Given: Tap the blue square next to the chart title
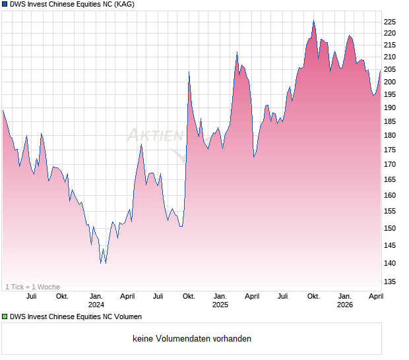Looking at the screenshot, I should [x=5, y=5].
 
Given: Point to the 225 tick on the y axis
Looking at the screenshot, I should [x=391, y=21].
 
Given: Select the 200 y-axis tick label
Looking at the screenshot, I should [x=391, y=82].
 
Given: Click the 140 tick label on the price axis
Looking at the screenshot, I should [x=391, y=263].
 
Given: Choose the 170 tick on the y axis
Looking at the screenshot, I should [x=391, y=165].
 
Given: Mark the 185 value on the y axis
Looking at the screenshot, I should [x=391, y=121].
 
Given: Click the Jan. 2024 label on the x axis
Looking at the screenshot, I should [x=96, y=300].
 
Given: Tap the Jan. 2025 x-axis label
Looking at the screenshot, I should [x=220, y=300].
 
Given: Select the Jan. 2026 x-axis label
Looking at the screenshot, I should [x=344, y=300].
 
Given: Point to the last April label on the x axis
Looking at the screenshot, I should [x=375, y=296].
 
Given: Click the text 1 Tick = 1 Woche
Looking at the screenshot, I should [x=32, y=287].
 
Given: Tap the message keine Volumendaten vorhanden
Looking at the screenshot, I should [x=192, y=339].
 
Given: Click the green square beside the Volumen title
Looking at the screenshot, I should [x=5, y=317].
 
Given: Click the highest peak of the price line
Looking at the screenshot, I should [x=313, y=21].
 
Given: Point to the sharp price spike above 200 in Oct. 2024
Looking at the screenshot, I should [x=189, y=72].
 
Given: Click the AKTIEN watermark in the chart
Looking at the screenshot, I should [x=155, y=136].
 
